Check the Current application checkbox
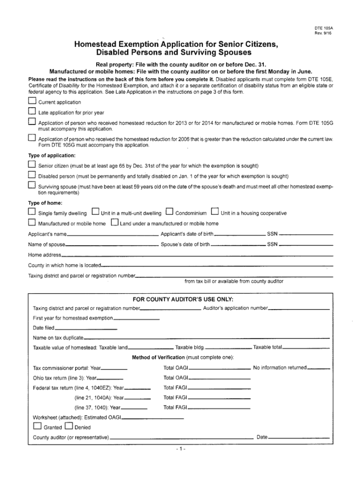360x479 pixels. coord(32,102)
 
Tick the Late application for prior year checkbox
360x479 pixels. coord(32,112)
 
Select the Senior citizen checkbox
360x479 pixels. coord(32,165)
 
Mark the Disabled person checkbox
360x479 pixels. coord(32,175)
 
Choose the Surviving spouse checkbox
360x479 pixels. coord(32,186)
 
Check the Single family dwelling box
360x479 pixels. coord(32,212)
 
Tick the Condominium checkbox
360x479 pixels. coord(169,212)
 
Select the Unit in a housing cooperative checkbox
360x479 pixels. coord(215,212)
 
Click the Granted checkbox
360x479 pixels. coord(37,426)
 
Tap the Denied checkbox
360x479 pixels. coord(69,426)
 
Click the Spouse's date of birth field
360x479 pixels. coord(238,246)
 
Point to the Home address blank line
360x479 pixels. coord(197,256)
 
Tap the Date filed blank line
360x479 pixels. coord(86,329)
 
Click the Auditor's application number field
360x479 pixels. coord(299,309)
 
